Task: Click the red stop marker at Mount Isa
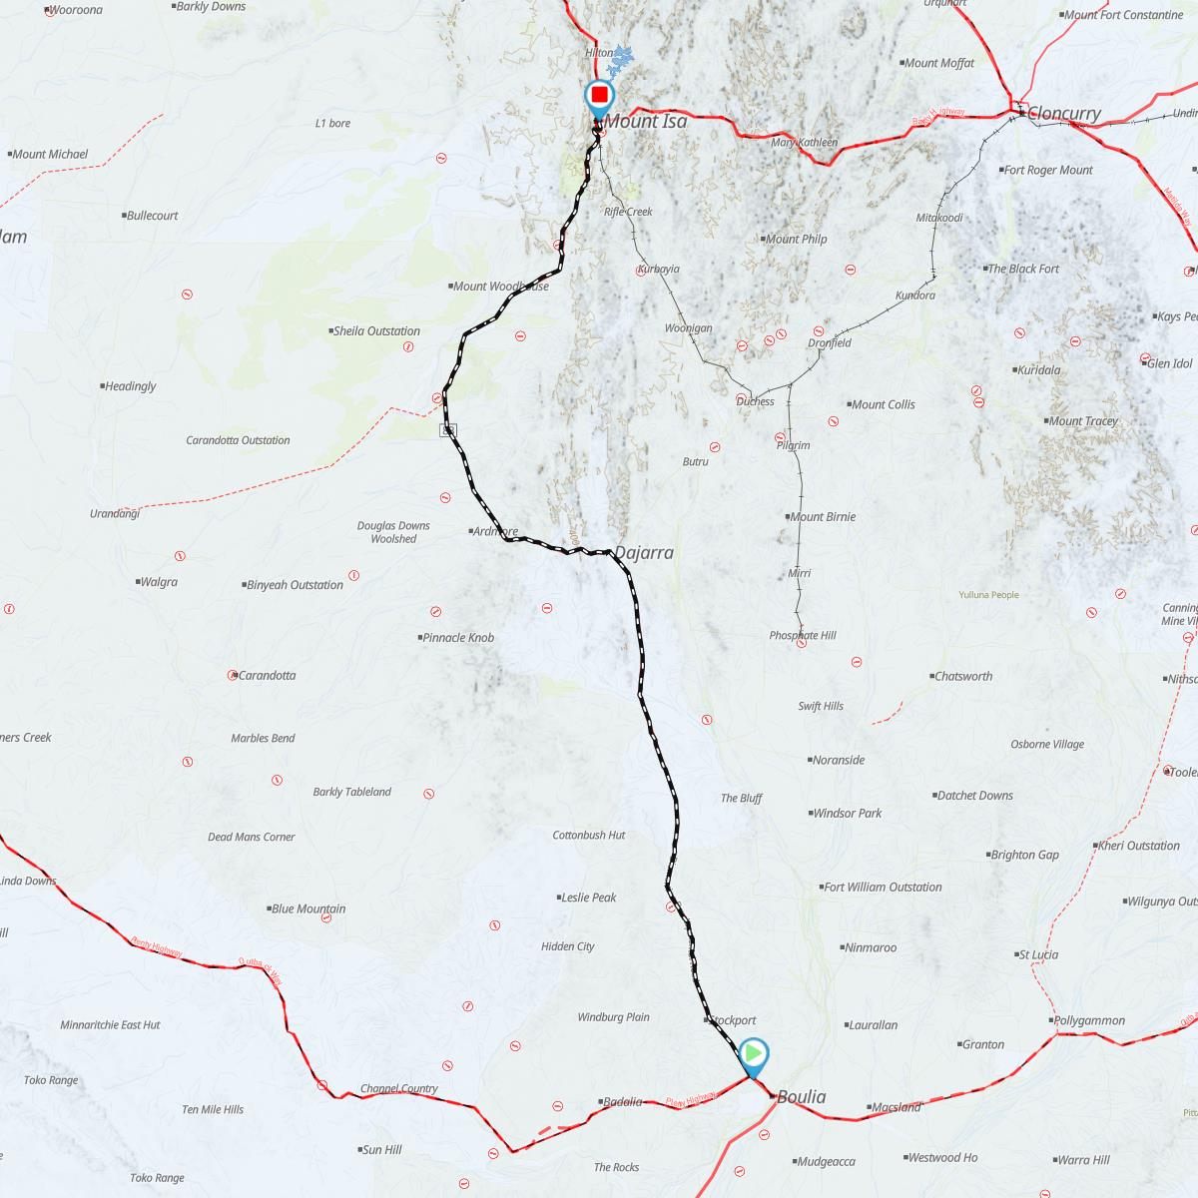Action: coord(599,96)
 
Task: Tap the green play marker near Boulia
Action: coord(754,1053)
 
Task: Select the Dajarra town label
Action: coord(643,553)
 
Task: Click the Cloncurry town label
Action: coord(1063,114)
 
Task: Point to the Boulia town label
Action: coord(801,1097)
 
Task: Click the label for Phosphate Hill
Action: coord(803,636)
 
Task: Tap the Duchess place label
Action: coord(755,401)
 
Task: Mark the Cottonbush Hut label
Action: coord(589,835)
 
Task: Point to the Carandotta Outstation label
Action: coord(238,440)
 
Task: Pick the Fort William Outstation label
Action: coord(882,888)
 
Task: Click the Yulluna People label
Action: coord(988,595)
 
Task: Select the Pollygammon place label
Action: coord(1089,1020)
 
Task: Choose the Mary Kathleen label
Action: coord(804,143)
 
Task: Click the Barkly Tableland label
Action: coord(351,793)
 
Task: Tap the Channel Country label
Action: coord(399,1089)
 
